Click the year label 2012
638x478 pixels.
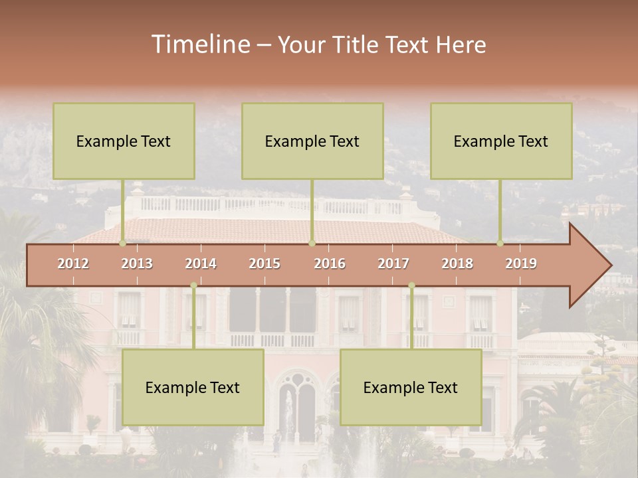pyautogui.click(x=73, y=264)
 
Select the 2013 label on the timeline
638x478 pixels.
pyautogui.click(x=137, y=264)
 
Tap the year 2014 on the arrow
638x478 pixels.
pyautogui.click(x=201, y=264)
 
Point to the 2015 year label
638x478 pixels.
pyautogui.click(x=265, y=264)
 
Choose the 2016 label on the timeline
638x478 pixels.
pyautogui.click(x=330, y=264)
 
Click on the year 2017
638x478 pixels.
pyautogui.click(x=393, y=264)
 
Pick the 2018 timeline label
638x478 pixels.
pyautogui.click(x=457, y=264)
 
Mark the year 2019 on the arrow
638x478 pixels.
pyautogui.click(x=521, y=264)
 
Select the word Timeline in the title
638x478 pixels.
pyautogui.click(x=199, y=44)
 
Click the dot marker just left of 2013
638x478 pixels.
pyautogui.click(x=122, y=244)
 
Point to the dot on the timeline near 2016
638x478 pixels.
pyautogui.click(x=312, y=244)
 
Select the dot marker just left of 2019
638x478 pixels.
pyautogui.click(x=500, y=244)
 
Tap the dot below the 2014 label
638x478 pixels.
pyautogui.click(x=193, y=285)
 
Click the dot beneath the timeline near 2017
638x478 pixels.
pyautogui.click(x=411, y=285)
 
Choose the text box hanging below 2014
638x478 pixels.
pyautogui.click(x=193, y=387)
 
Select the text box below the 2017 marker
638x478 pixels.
pyautogui.click(x=411, y=387)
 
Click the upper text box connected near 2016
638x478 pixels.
pyautogui.click(x=312, y=141)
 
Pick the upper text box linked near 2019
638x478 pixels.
pyautogui.click(x=501, y=141)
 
